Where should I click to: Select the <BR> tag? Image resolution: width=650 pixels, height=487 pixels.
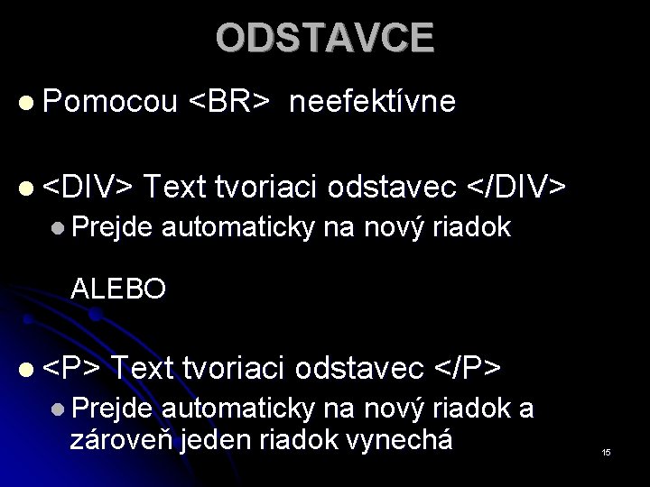[228, 102]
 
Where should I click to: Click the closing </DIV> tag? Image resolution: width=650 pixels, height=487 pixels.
[516, 186]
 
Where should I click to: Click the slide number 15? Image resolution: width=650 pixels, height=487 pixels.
[607, 451]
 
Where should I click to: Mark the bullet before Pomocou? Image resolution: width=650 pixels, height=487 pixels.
[29, 103]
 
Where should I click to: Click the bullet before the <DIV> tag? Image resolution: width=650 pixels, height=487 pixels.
[29, 187]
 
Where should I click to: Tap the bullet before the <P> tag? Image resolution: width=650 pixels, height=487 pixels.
[29, 368]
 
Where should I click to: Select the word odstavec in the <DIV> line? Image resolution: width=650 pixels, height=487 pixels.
[394, 186]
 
